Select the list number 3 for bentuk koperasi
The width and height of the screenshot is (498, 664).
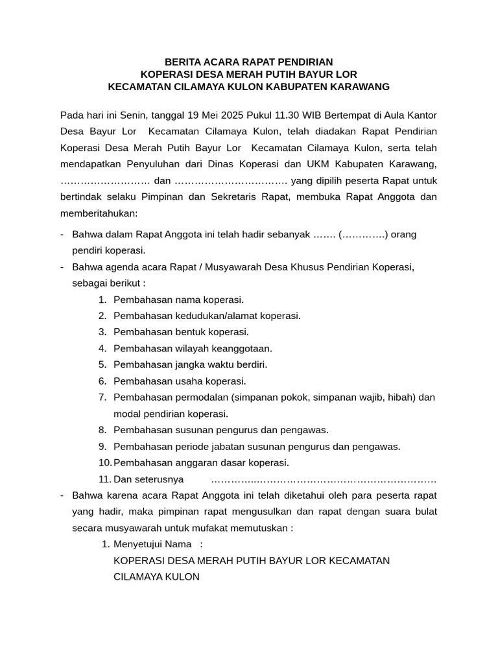click(x=102, y=332)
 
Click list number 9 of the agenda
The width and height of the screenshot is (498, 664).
click(x=102, y=446)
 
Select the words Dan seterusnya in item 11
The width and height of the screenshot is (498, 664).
click(x=148, y=480)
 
